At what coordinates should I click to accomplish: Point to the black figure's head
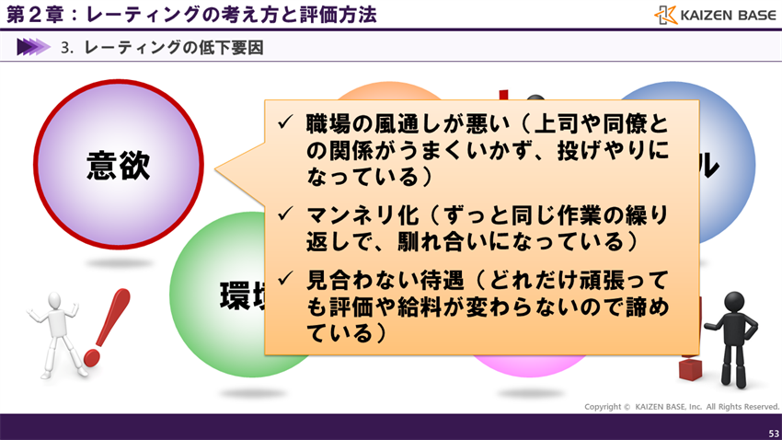733,302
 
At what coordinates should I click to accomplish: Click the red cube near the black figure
690,368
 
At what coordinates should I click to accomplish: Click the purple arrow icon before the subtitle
32,47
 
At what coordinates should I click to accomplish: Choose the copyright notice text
682,406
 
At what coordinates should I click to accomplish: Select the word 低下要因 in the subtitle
229,47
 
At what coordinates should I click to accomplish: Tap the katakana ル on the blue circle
706,166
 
